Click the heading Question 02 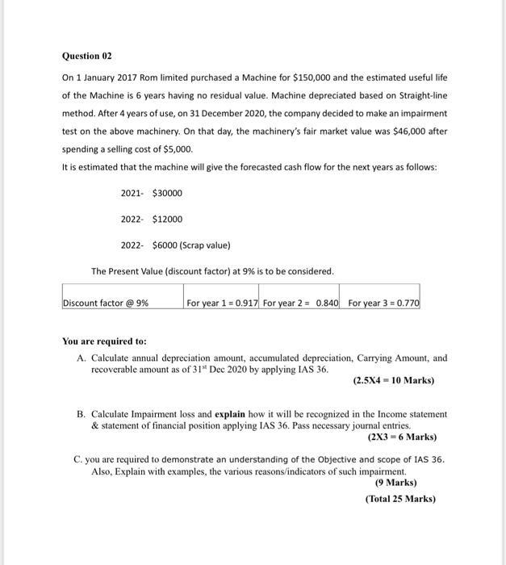point(87,56)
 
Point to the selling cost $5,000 point(179,149)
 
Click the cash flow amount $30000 point(167,194)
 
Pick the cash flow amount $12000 point(167,220)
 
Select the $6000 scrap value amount point(165,245)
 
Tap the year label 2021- point(132,194)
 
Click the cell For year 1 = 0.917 point(222,303)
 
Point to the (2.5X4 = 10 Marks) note point(393,380)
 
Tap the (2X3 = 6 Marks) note point(402,437)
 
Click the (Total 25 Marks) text point(399,498)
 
